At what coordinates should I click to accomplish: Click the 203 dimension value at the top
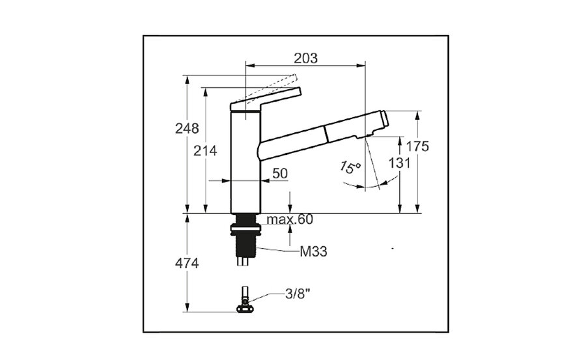(306, 59)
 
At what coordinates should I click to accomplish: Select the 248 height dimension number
(187, 129)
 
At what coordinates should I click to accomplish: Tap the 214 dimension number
(205, 151)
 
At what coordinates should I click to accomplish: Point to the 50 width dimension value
(280, 173)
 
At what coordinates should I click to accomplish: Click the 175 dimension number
(417, 146)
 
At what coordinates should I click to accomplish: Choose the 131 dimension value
(399, 163)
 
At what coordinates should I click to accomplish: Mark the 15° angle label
(350, 167)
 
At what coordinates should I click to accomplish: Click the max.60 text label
(290, 219)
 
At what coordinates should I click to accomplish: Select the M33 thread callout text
(314, 251)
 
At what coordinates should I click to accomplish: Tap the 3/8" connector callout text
(298, 294)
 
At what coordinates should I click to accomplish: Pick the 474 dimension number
(187, 264)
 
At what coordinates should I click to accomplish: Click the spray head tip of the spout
(384, 119)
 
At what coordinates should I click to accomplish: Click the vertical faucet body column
(245, 163)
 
